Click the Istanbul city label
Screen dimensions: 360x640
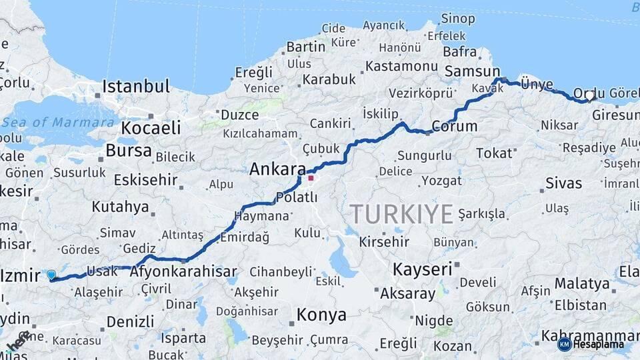tap(136, 87)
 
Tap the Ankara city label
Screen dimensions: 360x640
tap(277, 169)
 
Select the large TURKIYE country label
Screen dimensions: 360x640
tap(402, 214)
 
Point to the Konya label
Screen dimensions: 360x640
tap(321, 315)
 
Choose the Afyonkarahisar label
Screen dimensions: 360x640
tap(183, 272)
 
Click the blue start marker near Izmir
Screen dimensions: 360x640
tap(51, 274)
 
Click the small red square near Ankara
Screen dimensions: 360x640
tap(311, 178)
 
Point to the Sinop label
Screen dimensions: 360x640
tap(458, 18)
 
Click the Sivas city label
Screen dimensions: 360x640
tap(563, 183)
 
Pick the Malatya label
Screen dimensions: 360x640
tap(582, 283)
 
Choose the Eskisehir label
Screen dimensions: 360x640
tap(145, 180)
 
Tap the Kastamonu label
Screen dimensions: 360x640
tap(401, 66)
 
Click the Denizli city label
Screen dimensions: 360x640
tap(130, 321)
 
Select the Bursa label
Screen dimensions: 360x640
tap(129, 151)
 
